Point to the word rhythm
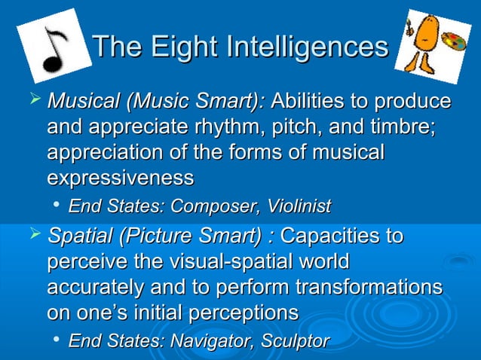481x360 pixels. (224, 128)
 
